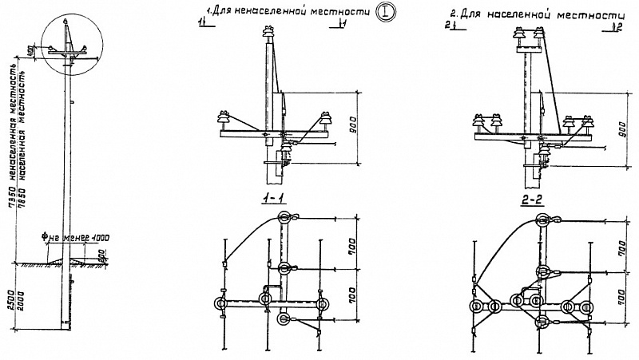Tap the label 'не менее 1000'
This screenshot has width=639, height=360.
pos(77,236)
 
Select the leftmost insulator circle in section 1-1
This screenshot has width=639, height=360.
pos(219,303)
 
